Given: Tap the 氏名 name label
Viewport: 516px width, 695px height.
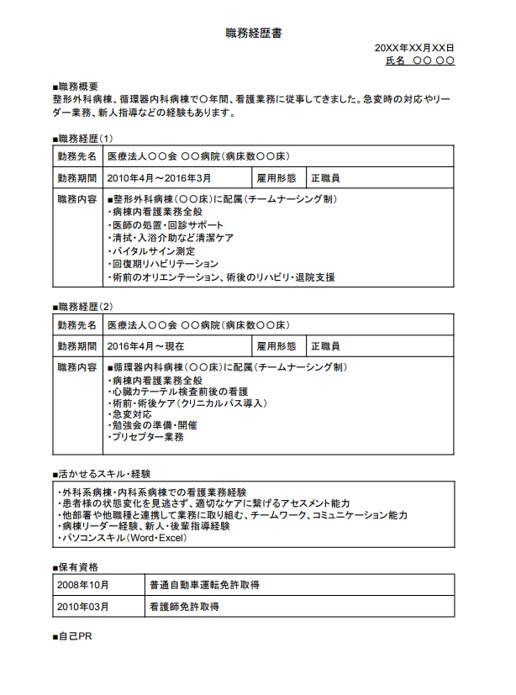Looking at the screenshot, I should click(x=395, y=61).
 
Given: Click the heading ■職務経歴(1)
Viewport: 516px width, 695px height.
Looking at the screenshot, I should click(x=82, y=138).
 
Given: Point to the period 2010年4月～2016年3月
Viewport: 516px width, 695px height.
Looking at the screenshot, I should click(x=160, y=178).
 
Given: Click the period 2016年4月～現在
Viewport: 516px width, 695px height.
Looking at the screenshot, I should click(x=146, y=345).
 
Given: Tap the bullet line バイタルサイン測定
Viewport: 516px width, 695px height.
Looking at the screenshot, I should click(x=152, y=250).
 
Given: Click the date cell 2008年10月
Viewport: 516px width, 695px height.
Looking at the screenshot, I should click(x=82, y=585).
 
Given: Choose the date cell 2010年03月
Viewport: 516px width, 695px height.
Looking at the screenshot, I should click(x=82, y=605).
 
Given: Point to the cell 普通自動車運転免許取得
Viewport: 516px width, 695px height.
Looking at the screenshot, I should click(x=204, y=585).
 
